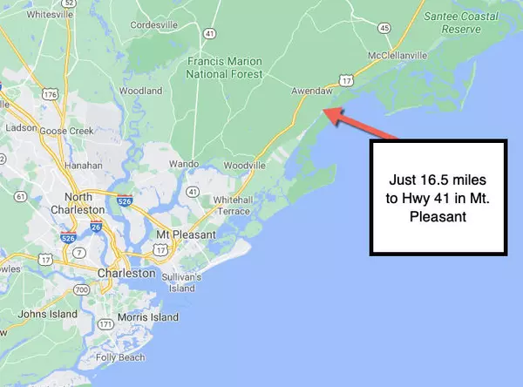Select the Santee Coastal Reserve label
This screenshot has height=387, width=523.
(452, 22)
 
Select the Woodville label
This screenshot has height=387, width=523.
(243, 165)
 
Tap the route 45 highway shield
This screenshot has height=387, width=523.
(385, 28)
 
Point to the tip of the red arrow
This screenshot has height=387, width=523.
(323, 108)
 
